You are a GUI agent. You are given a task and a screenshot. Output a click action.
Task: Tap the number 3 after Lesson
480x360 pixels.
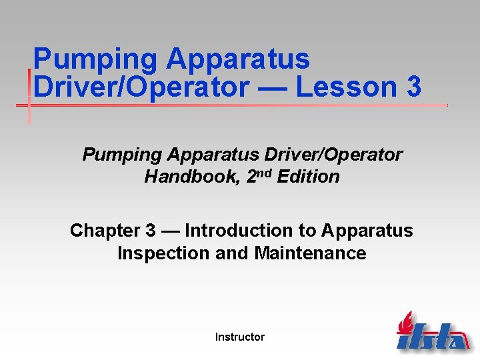coord(411,87)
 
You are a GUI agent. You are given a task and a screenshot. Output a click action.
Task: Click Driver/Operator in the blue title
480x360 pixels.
coord(140,87)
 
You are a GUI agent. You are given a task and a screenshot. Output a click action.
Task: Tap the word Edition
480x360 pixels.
coord(307,177)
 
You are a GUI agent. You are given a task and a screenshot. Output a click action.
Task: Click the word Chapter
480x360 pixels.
coord(104,231)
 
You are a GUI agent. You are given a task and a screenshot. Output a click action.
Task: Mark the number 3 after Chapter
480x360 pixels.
coord(150,231)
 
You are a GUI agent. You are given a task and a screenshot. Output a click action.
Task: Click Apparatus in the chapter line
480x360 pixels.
coord(367,231)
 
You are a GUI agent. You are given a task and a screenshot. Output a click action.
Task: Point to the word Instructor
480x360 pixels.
coord(240,337)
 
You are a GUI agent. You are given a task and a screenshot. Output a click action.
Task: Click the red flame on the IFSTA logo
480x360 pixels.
coord(405,323)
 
